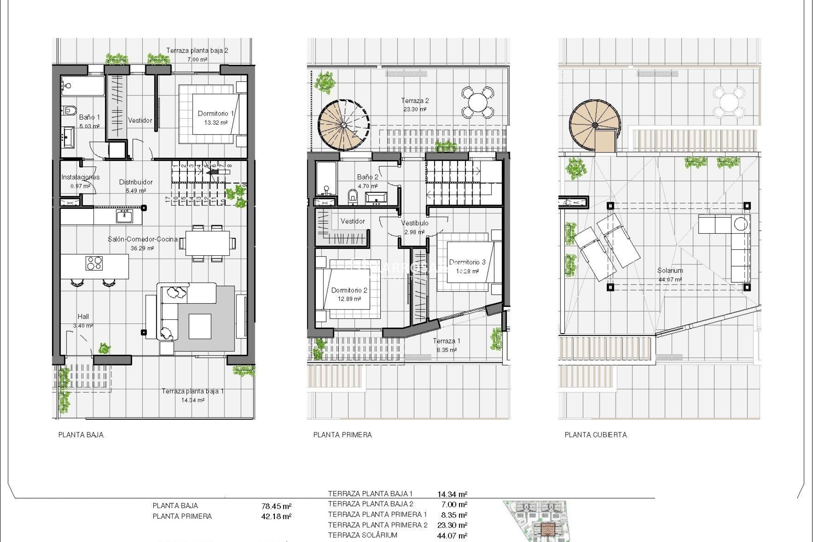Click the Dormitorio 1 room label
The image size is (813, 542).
pos(216,113)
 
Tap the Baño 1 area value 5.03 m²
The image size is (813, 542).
pos(89,126)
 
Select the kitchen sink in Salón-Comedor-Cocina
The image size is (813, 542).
pos(124,217)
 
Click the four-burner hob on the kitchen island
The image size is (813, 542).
pos(94,263)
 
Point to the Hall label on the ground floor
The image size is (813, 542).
pos(83,316)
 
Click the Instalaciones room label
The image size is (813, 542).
pos(80,177)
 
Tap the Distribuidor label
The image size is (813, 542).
pos(135,182)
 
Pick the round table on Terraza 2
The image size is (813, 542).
pos(477,102)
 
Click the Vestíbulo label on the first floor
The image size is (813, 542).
pos(415,223)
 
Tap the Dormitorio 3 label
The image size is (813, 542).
pos(467,262)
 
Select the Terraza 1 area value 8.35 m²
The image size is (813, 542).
pos(447,350)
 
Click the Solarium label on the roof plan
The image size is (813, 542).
pos(670,271)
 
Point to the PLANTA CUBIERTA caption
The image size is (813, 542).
pos(595,435)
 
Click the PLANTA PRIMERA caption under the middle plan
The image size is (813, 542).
pos(342,435)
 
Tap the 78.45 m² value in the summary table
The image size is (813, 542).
pos(277,506)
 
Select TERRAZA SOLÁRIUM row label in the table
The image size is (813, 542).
pos(362,535)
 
